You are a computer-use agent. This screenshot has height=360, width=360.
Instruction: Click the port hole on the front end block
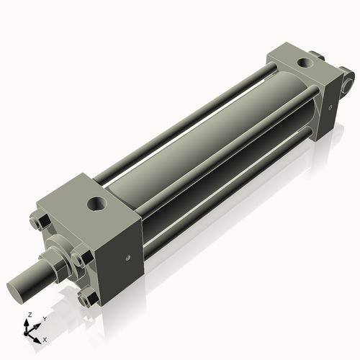click(x=96, y=205)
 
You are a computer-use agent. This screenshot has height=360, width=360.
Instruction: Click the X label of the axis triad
click(x=45, y=338)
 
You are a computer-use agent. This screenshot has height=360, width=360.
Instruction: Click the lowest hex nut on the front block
click(x=88, y=297)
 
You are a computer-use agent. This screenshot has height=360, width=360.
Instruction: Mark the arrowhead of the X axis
click(x=38, y=337)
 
